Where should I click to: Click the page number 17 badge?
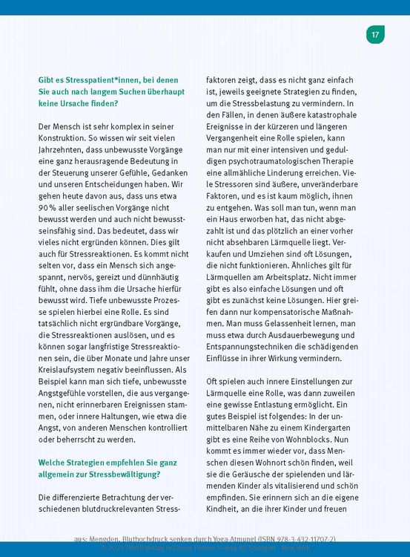pyautogui.click(x=375, y=34)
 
